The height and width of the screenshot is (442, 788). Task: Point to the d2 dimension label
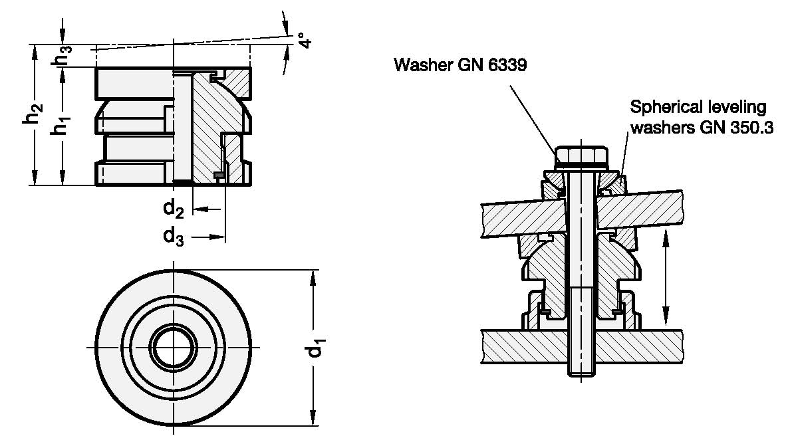pyautogui.click(x=174, y=209)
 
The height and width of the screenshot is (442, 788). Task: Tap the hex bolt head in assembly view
pyautogui.click(x=581, y=155)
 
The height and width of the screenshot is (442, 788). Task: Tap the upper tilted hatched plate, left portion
pyautogui.click(x=519, y=215)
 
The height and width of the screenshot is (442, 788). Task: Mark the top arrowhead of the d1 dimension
pyautogui.click(x=312, y=275)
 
